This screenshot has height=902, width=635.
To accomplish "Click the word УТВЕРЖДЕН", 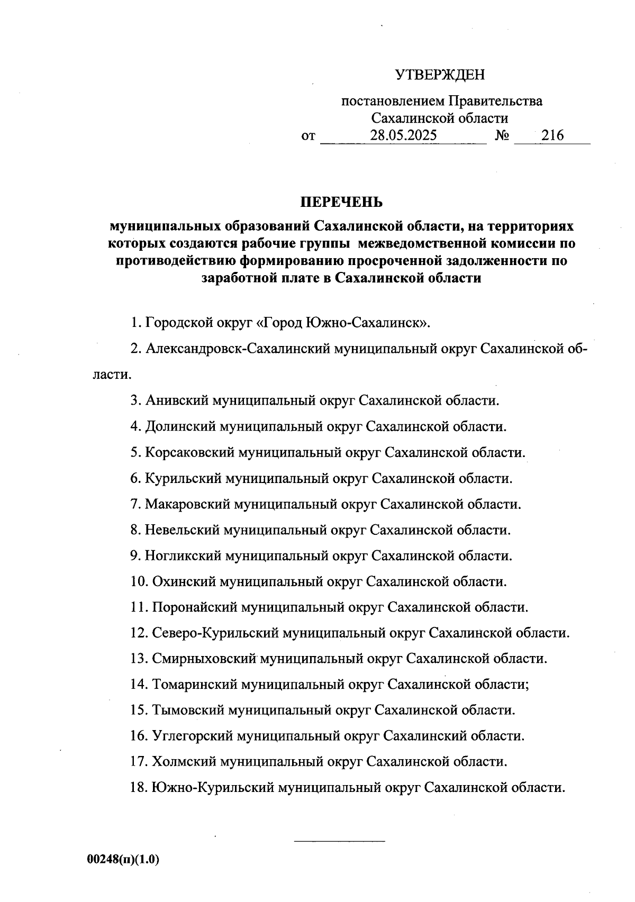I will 440,75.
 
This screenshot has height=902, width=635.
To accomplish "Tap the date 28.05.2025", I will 403,135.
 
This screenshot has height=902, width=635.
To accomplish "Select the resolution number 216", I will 552,135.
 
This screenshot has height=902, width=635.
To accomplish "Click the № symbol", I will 502,136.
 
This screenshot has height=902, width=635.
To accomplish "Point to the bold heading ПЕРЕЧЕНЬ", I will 341,203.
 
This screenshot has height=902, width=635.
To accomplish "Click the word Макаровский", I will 188,504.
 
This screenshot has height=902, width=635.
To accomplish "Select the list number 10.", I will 139,582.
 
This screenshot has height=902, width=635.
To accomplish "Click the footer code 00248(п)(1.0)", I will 123,859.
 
